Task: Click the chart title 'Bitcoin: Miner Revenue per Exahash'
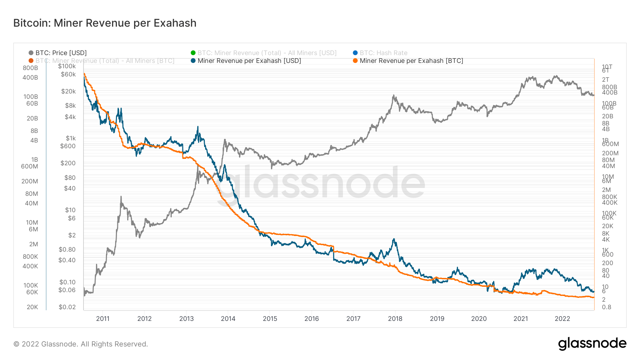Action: tap(105, 23)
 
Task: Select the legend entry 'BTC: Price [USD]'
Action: tap(61, 53)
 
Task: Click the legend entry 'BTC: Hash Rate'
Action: tap(383, 53)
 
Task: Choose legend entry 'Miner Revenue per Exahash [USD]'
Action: tap(249, 61)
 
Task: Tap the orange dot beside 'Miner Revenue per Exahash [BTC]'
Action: tap(355, 61)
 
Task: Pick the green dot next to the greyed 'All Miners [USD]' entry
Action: tap(193, 53)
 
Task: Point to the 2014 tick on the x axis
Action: tap(228, 318)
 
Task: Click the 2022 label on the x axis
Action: tap(562, 318)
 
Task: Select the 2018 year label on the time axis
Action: tap(395, 318)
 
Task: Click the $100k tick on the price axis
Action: tap(67, 66)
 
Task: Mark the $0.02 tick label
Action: tap(67, 307)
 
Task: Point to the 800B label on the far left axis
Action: tap(30, 68)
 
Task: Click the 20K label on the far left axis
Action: tap(32, 307)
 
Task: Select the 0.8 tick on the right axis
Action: tap(607, 307)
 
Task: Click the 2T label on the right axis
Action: tap(606, 80)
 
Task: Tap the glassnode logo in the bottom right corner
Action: tap(592, 344)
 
